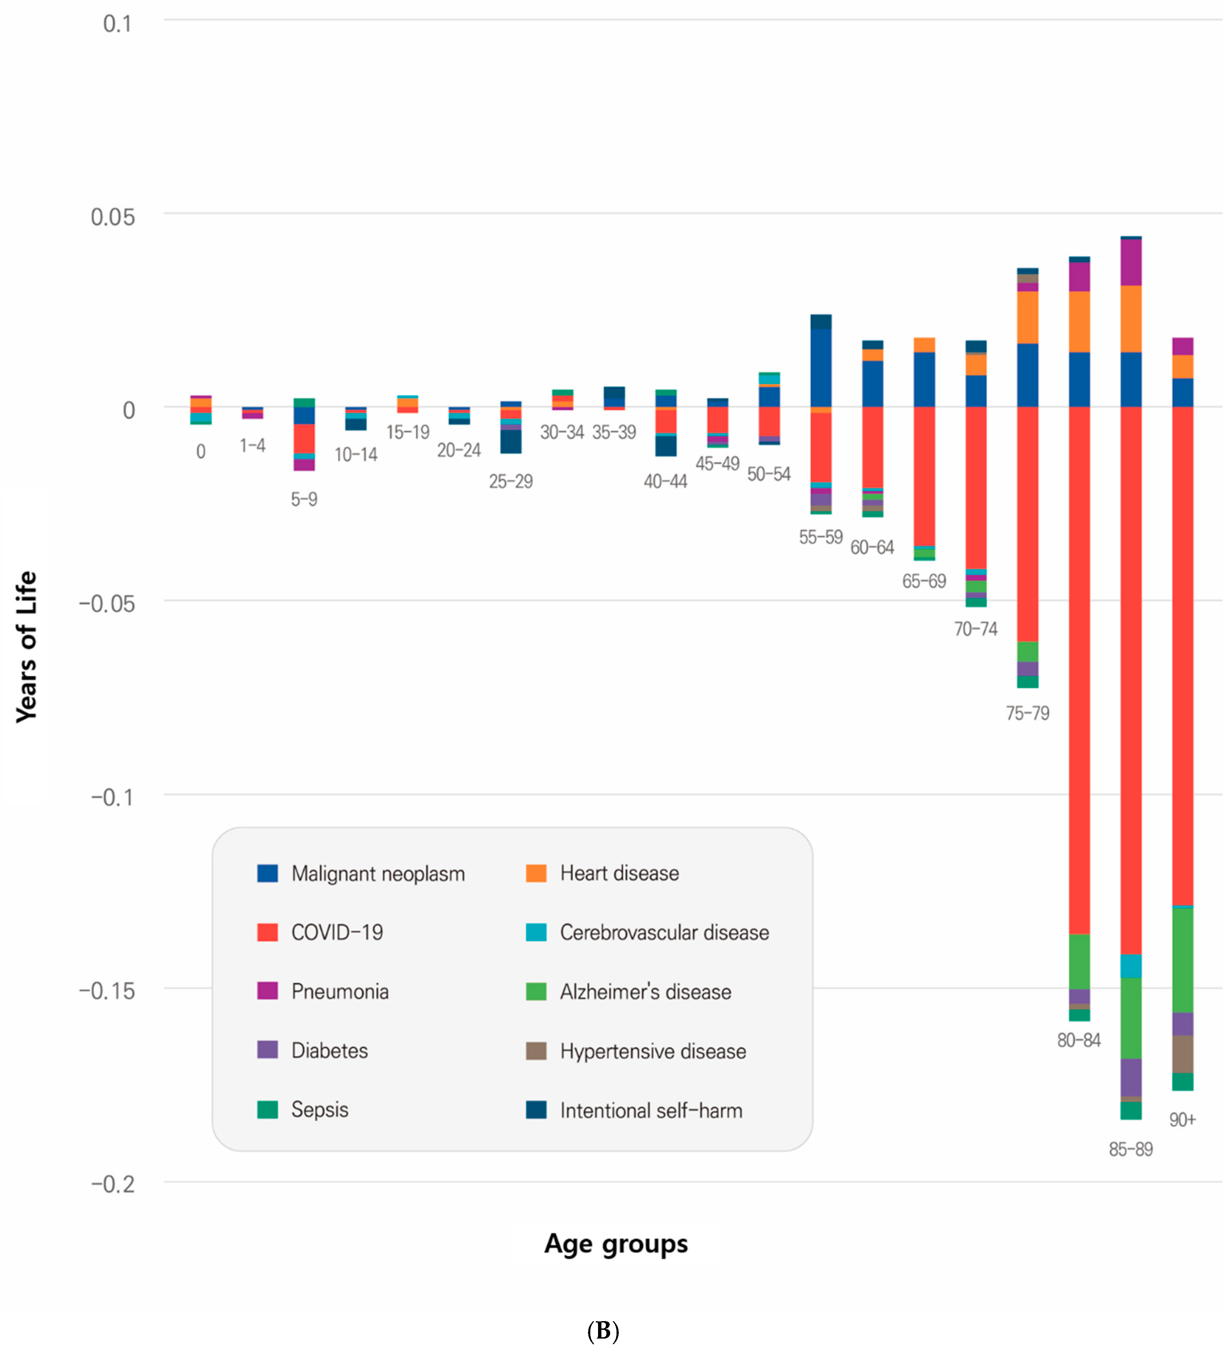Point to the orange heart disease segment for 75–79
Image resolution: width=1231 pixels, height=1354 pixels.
tap(1028, 317)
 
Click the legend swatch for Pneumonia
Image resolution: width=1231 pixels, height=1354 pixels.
tap(267, 990)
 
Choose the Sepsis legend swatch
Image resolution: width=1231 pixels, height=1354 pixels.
tap(267, 1110)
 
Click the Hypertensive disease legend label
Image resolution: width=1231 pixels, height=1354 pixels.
tap(652, 1051)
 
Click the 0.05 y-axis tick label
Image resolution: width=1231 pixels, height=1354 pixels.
tap(113, 216)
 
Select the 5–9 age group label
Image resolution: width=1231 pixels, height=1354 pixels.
tap(304, 499)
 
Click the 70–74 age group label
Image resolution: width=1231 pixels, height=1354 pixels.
tap(976, 629)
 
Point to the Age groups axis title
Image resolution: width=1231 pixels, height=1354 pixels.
tap(615, 1244)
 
